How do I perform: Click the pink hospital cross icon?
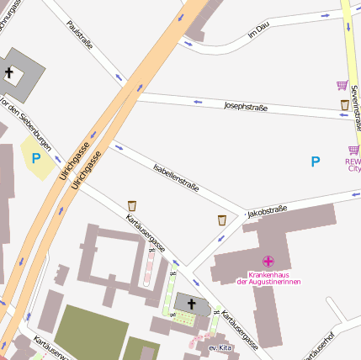pos(268,262)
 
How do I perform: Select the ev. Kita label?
pos(220,347)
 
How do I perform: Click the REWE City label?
pos(353,164)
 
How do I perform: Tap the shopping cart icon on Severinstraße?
pos(342,85)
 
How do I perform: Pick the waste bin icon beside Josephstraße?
pos(344,105)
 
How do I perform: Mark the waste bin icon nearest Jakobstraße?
pos(221,220)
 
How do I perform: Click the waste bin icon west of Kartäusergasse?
pos(132,205)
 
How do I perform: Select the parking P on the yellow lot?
pos(36,157)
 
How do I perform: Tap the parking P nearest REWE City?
pos(316,161)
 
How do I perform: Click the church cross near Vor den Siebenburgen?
pos(9,73)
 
